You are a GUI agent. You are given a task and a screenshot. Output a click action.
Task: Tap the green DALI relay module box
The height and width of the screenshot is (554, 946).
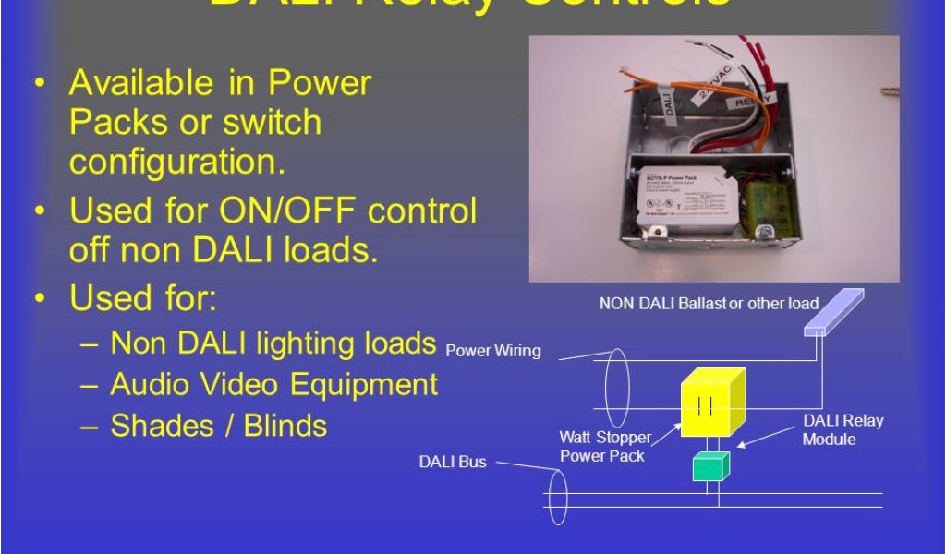[710, 466]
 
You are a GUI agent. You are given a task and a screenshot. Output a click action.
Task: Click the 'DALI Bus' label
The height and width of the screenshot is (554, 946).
[453, 461]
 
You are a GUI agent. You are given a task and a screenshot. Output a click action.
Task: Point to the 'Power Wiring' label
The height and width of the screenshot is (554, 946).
[492, 351]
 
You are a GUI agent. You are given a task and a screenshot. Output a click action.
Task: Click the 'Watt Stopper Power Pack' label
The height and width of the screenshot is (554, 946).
[604, 446]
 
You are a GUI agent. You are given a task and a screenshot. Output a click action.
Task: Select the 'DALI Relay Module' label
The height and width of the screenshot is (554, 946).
[843, 429]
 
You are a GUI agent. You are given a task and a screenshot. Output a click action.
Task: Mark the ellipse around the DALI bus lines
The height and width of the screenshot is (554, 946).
[557, 496]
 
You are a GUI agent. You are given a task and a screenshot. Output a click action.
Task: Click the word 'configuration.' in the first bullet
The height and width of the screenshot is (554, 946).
[176, 162]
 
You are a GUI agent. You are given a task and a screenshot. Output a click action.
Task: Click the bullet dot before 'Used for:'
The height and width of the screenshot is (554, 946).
[40, 299]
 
